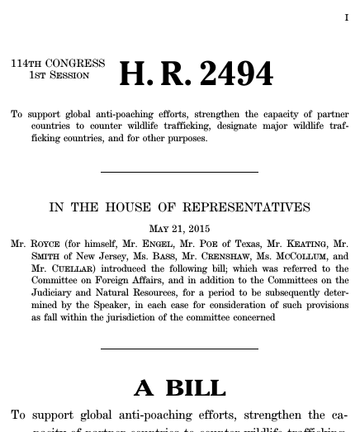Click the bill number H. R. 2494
coord(196,74)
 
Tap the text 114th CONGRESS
coord(58,64)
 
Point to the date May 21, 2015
coord(179,229)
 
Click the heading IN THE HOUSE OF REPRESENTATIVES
coord(179,207)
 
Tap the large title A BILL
coord(179,388)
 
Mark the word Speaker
coord(100,305)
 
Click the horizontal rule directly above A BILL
coord(179,349)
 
